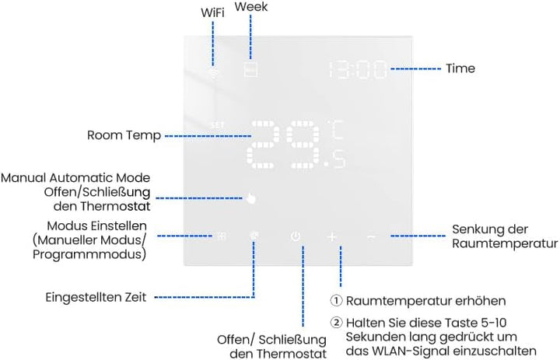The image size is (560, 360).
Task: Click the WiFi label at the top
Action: pyautogui.click(x=212, y=12)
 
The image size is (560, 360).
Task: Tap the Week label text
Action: pyautogui.click(x=250, y=6)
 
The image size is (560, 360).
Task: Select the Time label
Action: pyautogui.click(x=460, y=68)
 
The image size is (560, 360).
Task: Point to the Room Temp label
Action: pyautogui.click(x=124, y=135)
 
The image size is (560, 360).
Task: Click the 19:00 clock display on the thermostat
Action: pyautogui.click(x=358, y=70)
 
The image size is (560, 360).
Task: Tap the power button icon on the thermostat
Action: pyautogui.click(x=296, y=236)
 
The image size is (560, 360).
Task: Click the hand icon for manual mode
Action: pyautogui.click(x=251, y=197)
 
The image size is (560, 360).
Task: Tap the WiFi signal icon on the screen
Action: pyautogui.click(x=215, y=73)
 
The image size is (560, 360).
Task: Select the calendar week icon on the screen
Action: pyautogui.click(x=250, y=70)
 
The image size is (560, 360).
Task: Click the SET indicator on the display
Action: pyautogui.click(x=217, y=125)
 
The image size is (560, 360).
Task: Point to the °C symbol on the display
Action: pyautogui.click(x=336, y=130)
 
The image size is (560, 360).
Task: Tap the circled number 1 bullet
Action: pyautogui.click(x=336, y=300)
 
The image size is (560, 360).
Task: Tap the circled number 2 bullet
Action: pyautogui.click(x=336, y=323)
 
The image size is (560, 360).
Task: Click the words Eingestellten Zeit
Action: pyautogui.click(x=96, y=297)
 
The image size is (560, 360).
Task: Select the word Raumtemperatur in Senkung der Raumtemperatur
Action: pyautogui.click(x=505, y=243)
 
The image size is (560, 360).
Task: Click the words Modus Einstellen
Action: pyautogui.click(x=96, y=225)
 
